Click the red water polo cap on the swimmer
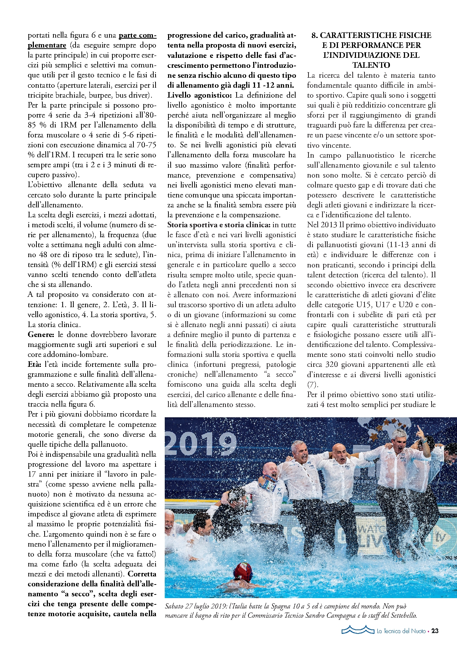pyautogui.click(x=243, y=570)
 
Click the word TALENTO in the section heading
pyautogui.click(x=371, y=65)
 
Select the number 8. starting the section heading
pyautogui.click(x=315, y=35)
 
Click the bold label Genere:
pyautogui.click(x=41, y=335)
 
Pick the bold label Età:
pyautogui.click(x=35, y=365)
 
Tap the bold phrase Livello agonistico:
pyautogui.click(x=200, y=95)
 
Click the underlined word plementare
pyautogui.click(x=47, y=45)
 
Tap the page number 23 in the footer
pyautogui.click(x=435, y=631)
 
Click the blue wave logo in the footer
pyautogui.click(x=357, y=630)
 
